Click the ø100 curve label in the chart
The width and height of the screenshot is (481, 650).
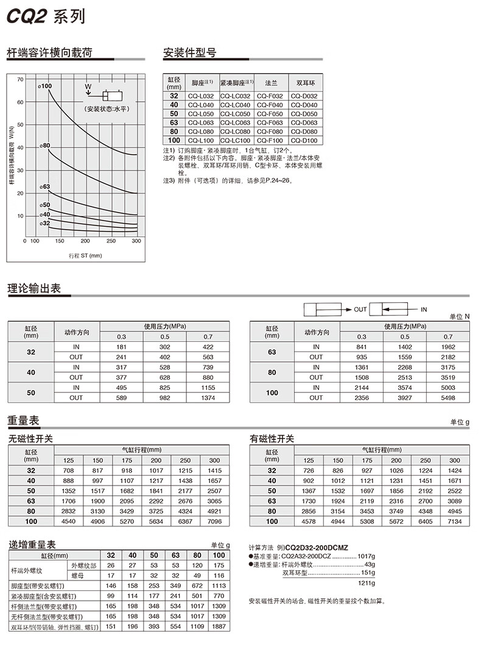pyautogui.click(x=46, y=87)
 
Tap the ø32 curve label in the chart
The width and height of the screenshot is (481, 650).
pyautogui.click(x=45, y=224)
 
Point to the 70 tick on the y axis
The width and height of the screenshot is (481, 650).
pyautogui.click(x=21, y=79)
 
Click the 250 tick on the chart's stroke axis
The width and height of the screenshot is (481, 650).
pyautogui.click(x=111, y=241)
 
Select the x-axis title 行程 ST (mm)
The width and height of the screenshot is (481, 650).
pyautogui.click(x=85, y=255)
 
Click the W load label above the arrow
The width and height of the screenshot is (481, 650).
pyautogui.click(x=88, y=87)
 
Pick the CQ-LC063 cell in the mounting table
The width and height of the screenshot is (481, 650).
pyautogui.click(x=235, y=123)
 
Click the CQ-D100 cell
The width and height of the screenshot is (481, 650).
pyautogui.click(x=304, y=141)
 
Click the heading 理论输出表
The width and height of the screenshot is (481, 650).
pyautogui.click(x=34, y=289)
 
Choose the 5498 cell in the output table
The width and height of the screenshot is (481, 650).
pyautogui.click(x=448, y=398)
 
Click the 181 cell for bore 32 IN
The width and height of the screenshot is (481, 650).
pyautogui.click(x=122, y=347)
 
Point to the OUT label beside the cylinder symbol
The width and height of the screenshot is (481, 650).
pyautogui.click(x=360, y=309)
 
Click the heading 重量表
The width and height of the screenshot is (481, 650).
pyautogui.click(x=24, y=420)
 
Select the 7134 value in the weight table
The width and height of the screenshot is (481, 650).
pyautogui.click(x=454, y=521)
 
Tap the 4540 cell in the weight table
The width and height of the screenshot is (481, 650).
pyautogui.click(x=68, y=521)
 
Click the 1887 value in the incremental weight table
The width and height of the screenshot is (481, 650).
pyautogui.click(x=219, y=627)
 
